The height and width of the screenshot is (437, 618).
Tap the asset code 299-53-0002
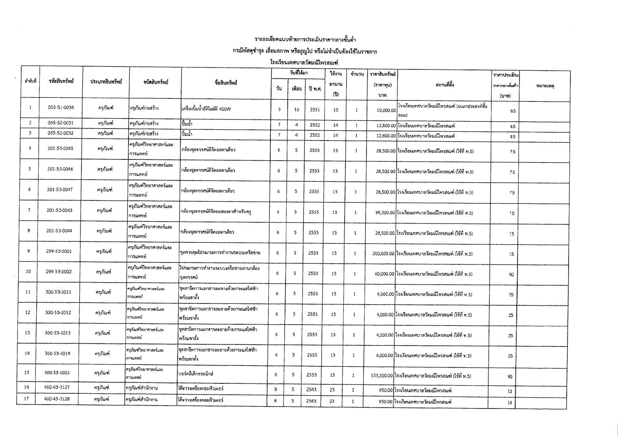59,272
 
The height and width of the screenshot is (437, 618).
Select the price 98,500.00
381,213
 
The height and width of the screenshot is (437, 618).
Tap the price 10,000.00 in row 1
384,110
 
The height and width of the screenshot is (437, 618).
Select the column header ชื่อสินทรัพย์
226,83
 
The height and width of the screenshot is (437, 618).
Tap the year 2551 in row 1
315,109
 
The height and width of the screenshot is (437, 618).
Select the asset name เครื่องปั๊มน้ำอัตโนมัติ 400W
206,109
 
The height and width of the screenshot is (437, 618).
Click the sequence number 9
29,251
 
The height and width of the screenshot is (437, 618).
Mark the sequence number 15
27,373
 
